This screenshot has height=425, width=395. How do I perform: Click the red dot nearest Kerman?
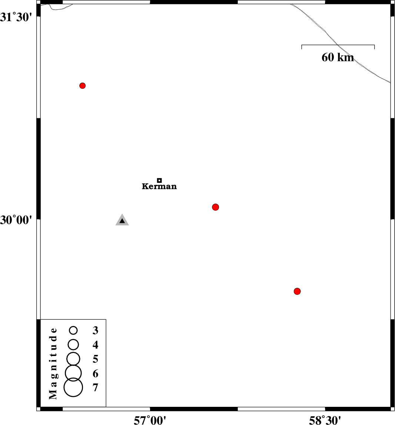coord(215,207)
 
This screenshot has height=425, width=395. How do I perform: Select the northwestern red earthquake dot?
coord(83,86)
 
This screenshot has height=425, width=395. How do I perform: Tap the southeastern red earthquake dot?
coord(297,291)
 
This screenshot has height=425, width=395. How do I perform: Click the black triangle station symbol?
coord(122,220)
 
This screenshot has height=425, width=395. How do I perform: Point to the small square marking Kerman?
coord(159,180)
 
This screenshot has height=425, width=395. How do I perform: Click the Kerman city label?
coord(159,186)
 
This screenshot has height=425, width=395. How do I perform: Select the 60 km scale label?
coord(338,57)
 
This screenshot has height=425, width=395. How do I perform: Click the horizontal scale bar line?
coord(338,45)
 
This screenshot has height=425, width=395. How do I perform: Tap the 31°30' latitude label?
coord(16,17)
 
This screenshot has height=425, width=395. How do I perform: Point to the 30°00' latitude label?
coord(16,220)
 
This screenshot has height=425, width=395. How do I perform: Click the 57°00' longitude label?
coord(150,420)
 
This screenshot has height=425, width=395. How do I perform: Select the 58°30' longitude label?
coord(325,420)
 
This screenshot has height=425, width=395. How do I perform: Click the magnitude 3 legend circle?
coord(73,330)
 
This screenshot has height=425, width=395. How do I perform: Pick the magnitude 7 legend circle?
coord(73,387)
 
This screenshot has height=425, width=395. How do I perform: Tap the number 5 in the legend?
coord(95,359)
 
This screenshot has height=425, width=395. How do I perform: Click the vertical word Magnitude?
coord(53,363)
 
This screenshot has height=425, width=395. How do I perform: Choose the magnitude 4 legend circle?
coord(73,345)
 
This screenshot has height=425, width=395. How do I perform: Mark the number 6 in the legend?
coord(95,373)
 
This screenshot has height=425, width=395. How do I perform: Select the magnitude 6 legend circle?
coord(73,373)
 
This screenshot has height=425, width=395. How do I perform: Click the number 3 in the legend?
coord(95,330)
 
